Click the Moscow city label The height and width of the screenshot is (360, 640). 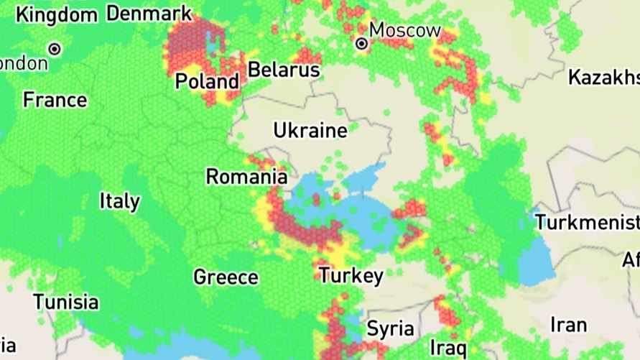[x=404, y=30]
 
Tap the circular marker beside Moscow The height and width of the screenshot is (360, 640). [x=362, y=44]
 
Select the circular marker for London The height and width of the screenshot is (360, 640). [x=55, y=50]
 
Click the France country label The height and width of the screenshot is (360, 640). [x=55, y=99]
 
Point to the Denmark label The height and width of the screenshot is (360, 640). [x=149, y=13]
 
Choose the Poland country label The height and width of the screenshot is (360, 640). [x=207, y=81]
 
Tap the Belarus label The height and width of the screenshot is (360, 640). [x=284, y=70]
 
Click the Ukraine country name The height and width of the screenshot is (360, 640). [x=310, y=131]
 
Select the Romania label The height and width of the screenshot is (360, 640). [x=246, y=176]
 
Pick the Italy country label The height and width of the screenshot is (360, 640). [x=120, y=200]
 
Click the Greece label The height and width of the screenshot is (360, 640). [x=226, y=277]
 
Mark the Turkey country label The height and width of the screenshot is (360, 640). [x=351, y=275]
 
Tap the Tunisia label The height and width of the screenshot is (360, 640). [x=66, y=301]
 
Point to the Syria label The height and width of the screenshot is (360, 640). [x=390, y=329]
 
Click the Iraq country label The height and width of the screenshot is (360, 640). [x=449, y=348]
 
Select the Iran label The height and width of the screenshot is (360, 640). [x=568, y=325]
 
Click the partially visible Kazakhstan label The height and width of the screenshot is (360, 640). [x=603, y=77]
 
